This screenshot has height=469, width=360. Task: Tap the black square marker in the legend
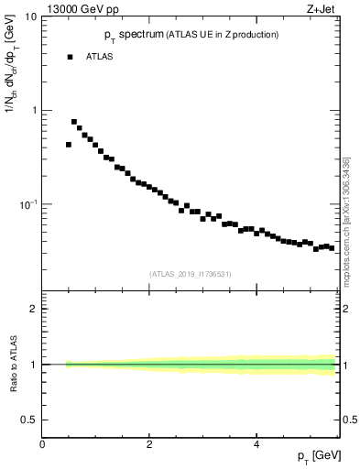(70, 57)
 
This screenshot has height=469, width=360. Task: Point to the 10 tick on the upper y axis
(31, 17)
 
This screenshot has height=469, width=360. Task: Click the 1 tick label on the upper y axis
(34, 111)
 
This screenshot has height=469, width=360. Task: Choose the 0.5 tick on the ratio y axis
(30, 420)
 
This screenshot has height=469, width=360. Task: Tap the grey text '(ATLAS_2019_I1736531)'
(191, 273)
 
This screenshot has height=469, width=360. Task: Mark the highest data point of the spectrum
(74, 122)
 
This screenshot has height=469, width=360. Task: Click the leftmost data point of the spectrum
(69, 145)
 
